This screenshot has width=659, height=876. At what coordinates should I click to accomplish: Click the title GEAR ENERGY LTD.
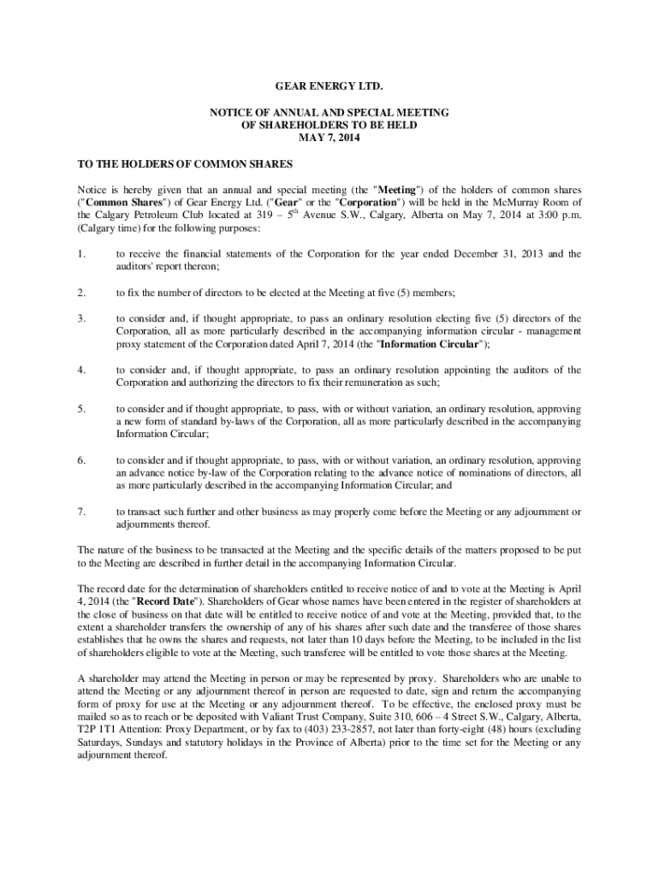[329, 88]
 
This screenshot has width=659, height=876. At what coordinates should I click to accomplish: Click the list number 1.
[81, 254]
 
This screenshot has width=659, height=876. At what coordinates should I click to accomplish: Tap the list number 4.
[81, 370]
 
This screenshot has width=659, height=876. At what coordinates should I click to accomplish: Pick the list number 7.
[81, 512]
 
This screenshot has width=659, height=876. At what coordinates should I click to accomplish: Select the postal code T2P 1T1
[98, 730]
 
